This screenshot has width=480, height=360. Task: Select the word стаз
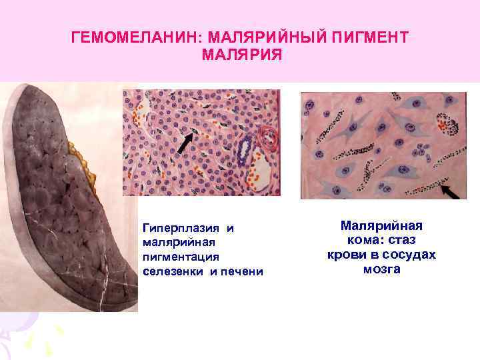pyautogui.click(x=401, y=240)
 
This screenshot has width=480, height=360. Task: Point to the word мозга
pyautogui.click(x=382, y=269)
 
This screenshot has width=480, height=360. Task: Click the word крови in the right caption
pyautogui.click(x=344, y=255)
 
